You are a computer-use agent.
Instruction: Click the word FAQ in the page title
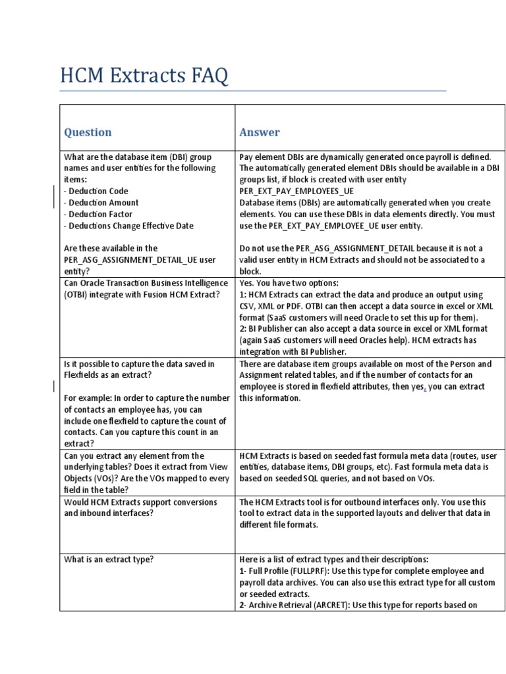pyautogui.click(x=206, y=76)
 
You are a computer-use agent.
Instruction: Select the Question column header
pyautogui.click(x=88, y=132)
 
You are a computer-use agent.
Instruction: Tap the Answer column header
pyautogui.click(x=259, y=132)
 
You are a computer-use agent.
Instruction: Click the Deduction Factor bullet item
pyautogui.click(x=98, y=214)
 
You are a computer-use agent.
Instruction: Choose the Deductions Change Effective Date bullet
pyautogui.click(x=128, y=225)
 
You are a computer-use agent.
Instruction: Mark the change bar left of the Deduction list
pyautogui.click(x=53, y=197)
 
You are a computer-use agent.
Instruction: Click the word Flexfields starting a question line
pyautogui.click(x=82, y=375)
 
